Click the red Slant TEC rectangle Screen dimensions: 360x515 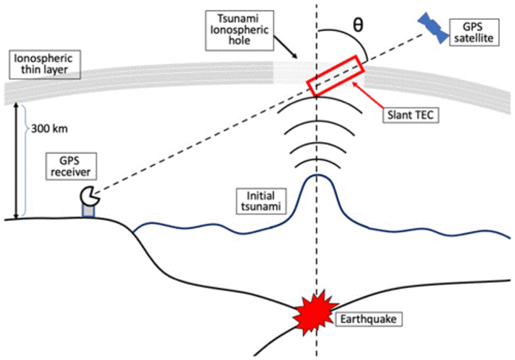coord(336,77)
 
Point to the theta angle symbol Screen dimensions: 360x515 coord(358,23)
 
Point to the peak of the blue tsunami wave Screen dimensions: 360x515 coord(316,175)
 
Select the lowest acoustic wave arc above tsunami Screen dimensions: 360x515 coord(316,163)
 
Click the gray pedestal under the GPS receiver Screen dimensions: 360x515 coord(90,211)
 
